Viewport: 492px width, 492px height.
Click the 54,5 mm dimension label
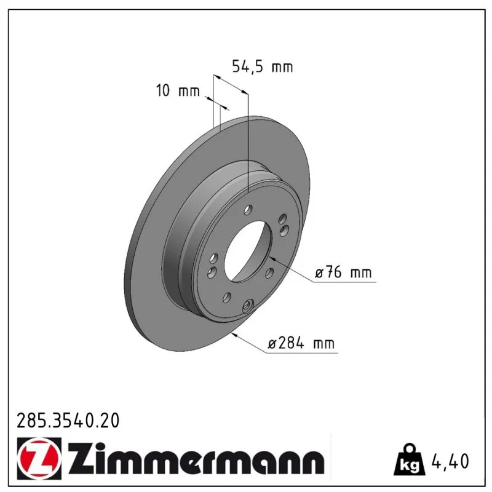click(x=263, y=66)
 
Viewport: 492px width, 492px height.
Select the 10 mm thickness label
click(x=178, y=90)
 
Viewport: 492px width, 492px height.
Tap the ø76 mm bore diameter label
click(x=343, y=272)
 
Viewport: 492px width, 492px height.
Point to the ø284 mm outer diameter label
click(x=301, y=343)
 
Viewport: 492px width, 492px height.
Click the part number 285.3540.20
click(x=68, y=421)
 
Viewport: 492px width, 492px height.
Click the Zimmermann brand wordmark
click(x=196, y=458)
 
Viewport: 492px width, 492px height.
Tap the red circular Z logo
click(x=39, y=458)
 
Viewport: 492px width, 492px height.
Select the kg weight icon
click(x=409, y=459)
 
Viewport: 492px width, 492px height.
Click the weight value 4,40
click(x=450, y=461)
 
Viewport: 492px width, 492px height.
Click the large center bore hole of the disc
click(x=248, y=251)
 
